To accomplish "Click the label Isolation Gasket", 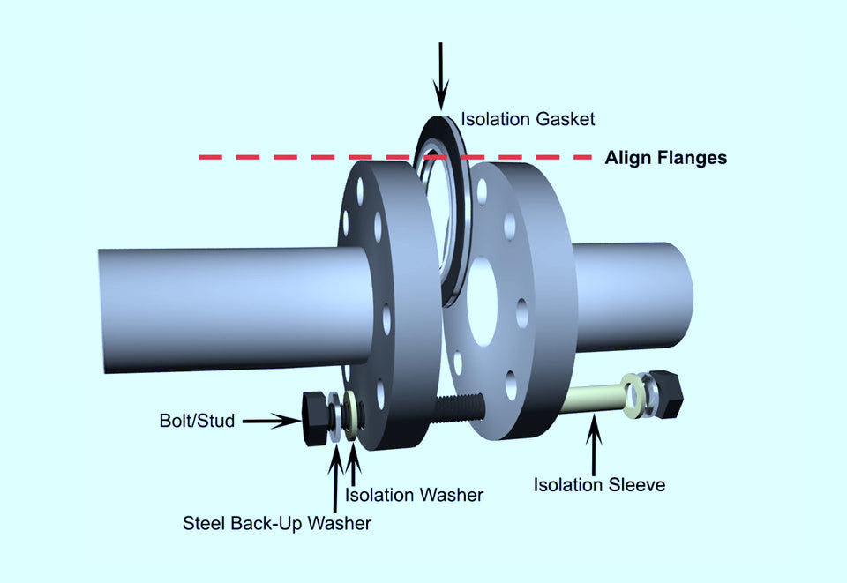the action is [x=528, y=119].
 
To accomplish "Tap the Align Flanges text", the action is [x=665, y=158].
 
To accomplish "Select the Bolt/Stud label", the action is [x=197, y=421].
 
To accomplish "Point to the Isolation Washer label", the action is [x=415, y=495].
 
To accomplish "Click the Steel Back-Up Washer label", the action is [x=276, y=523].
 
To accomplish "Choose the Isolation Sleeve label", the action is [x=599, y=485].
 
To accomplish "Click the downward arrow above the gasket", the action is [x=441, y=78].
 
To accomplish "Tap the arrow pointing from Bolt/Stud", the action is [x=271, y=421].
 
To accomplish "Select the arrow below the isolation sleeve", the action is [x=594, y=445].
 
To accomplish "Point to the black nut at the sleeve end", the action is [x=666, y=393].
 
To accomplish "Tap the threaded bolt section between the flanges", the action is [x=459, y=408].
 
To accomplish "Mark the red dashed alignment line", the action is [x=395, y=158].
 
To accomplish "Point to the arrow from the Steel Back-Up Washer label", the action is [x=335, y=479].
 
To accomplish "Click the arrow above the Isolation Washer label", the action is [x=353, y=465].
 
